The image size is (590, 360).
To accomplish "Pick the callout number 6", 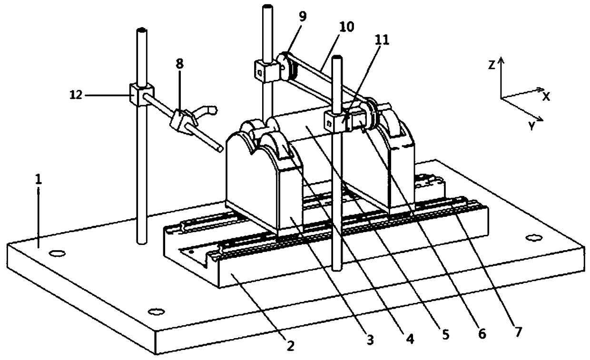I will point(481,333).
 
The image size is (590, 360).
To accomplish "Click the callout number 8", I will point(180,64).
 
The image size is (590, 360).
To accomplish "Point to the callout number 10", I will point(347,27).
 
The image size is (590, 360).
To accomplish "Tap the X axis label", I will point(547,96).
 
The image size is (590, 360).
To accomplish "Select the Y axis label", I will point(531,126).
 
